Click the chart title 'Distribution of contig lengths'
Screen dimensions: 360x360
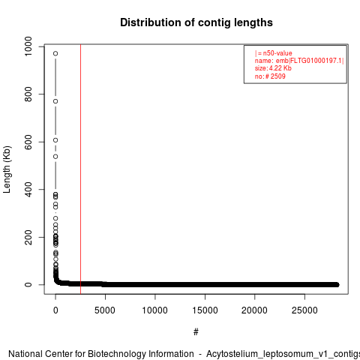(196, 22)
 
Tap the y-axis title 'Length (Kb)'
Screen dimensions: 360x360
(7, 169)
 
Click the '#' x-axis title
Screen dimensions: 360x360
(196, 332)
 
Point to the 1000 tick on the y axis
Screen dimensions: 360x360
(28, 46)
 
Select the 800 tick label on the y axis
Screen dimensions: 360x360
(28, 94)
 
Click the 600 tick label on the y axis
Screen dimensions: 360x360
(28, 142)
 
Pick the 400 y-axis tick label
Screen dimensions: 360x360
(28, 189)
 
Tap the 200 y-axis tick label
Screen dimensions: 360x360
(28, 237)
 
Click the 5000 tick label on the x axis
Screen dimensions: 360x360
(105, 310)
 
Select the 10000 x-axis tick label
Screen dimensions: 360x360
(155, 310)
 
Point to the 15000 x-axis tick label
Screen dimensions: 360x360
(205, 310)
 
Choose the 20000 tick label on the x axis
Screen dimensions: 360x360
(254, 310)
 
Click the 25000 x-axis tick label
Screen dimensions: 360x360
(304, 310)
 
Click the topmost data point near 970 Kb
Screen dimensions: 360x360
(55, 53)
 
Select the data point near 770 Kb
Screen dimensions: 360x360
(55, 101)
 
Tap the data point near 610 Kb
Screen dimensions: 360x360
(55, 140)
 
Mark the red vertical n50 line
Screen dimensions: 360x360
(80, 169)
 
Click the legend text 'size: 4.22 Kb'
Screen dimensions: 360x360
(273, 68)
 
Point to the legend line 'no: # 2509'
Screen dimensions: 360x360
(270, 76)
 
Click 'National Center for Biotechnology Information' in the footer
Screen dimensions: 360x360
(101, 354)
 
